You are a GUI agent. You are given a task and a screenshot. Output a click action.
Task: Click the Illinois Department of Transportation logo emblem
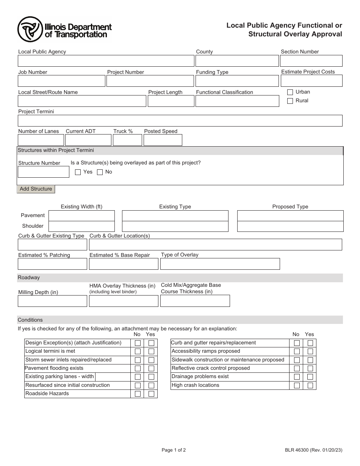coord(30,30)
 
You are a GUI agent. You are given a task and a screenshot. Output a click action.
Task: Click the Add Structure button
coord(36,189)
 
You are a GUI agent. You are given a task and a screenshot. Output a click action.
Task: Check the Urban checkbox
coord(290,92)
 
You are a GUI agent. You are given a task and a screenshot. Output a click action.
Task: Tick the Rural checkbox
coord(290,101)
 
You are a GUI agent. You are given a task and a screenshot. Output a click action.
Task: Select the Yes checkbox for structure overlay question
coord(78,172)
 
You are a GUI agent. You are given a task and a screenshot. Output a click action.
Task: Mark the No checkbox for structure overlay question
coord(100,172)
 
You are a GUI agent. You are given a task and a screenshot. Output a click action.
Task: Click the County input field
coord(237,61)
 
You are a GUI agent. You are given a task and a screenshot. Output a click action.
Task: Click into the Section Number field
coord(311,61)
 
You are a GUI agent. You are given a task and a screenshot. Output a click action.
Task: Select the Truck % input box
coord(127,140)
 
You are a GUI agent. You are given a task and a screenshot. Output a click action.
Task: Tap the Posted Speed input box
coord(163,140)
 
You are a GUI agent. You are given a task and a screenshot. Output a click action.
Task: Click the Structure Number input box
coord(44,172)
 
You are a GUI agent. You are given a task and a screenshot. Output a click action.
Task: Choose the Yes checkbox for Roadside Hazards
coord(151,394)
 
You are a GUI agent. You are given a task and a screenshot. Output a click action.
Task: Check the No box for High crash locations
coord(297,386)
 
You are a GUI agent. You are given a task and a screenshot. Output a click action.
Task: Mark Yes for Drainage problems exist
coord(310,377)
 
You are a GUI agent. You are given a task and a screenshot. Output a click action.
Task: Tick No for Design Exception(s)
coord(138,343)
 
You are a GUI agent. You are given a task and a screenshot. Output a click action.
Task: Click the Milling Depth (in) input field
coord(52,301)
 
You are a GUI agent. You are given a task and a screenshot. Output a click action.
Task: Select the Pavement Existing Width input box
coord(81,216)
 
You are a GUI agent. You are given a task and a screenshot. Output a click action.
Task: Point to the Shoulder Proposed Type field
coord(290,227)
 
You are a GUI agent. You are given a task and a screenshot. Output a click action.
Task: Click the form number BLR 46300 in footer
coord(313,450)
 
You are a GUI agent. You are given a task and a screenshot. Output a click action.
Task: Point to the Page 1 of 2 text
coord(174,450)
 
